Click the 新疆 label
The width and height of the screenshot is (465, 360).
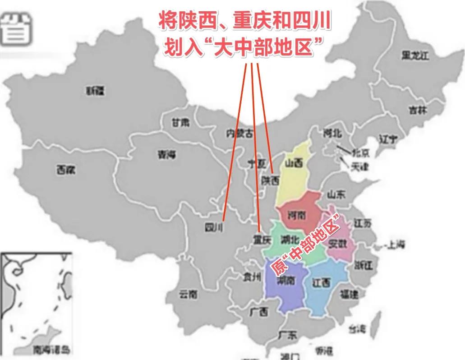[x=95, y=91]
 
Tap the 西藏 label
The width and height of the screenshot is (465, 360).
[x=66, y=170]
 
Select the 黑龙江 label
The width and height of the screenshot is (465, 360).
[x=415, y=56]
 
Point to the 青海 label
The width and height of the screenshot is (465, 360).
[x=166, y=155]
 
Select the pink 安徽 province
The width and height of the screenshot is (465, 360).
[x=339, y=244]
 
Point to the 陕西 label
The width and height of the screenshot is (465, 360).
[x=271, y=180]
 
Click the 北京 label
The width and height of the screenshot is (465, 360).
[x=359, y=152]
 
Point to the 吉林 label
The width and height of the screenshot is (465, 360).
[x=418, y=110]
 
